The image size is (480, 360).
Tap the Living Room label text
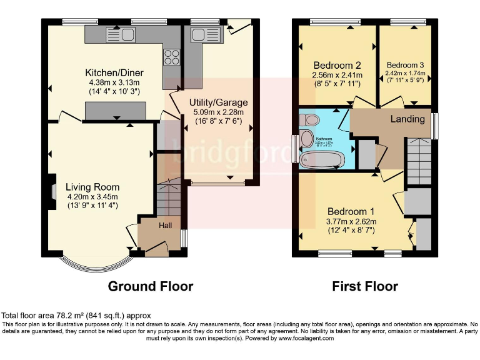pyautogui.click(x=93, y=187)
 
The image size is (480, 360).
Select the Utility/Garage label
pyautogui.click(x=219, y=102)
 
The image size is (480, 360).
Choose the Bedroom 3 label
pyautogui.click(x=405, y=65)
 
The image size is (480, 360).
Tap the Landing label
pyautogui.click(x=407, y=119)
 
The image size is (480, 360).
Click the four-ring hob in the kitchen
pyautogui.click(x=171, y=57)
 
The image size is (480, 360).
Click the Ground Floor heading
pyautogui.click(x=151, y=286)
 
